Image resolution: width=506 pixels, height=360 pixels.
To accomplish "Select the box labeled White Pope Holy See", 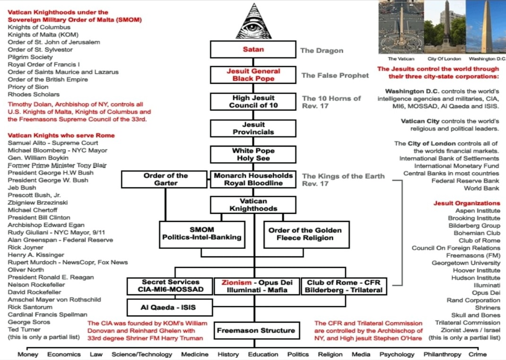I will [253, 154].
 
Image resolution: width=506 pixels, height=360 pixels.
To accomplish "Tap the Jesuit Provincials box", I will [253, 128].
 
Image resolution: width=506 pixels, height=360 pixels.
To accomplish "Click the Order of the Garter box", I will [166, 179].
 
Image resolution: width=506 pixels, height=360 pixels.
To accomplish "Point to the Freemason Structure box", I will [256, 331].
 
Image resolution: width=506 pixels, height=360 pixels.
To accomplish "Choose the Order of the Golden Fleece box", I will [305, 234].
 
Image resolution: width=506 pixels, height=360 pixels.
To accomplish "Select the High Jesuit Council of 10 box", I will [253, 102].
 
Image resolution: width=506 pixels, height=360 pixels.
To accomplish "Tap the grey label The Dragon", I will [322, 51].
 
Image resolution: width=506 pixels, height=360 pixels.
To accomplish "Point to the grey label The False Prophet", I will [335, 75].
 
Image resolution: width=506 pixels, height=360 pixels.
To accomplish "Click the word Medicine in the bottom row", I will [194, 354].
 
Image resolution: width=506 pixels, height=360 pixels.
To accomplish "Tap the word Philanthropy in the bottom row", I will [442, 354].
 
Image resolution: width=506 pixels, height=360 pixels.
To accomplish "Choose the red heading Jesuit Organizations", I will [467, 203].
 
